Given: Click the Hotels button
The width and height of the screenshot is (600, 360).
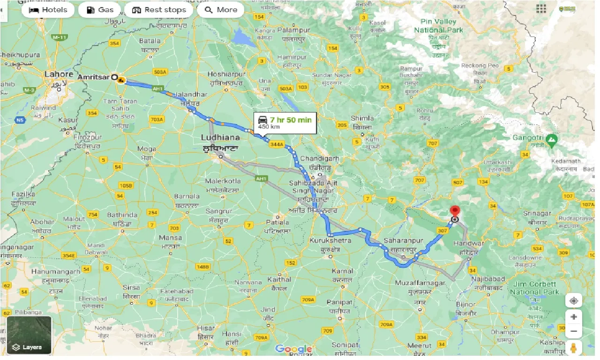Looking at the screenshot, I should [48, 10].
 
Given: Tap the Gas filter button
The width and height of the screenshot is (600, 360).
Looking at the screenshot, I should [100, 10].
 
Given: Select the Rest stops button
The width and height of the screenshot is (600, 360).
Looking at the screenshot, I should [159, 10].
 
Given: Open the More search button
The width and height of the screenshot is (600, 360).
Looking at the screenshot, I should [221, 10].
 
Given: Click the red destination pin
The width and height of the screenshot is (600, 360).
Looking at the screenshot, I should [454, 210].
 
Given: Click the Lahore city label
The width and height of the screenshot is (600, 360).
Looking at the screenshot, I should [59, 74].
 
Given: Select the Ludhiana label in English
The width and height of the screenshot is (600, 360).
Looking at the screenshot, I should [220, 137].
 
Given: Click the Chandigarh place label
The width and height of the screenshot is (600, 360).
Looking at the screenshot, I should [319, 158].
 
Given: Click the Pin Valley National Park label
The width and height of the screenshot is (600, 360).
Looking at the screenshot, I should [438, 26].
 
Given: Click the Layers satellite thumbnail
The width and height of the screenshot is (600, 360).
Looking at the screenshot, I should [29, 335].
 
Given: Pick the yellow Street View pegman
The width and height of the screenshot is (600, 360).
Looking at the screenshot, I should [573, 348].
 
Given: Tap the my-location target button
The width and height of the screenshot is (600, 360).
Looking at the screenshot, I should [574, 300].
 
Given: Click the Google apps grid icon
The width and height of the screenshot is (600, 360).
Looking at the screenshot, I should [541, 9].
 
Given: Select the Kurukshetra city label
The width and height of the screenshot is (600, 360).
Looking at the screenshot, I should [330, 240].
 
